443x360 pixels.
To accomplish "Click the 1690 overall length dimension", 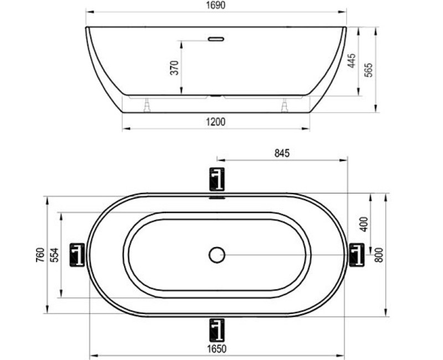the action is (x=216, y=5).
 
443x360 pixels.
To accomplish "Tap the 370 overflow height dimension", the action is (x=175, y=68).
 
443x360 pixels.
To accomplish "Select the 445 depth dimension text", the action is (x=351, y=61).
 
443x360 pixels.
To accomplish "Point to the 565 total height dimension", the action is (x=368, y=70).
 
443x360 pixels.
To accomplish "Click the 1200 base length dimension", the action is (x=216, y=122).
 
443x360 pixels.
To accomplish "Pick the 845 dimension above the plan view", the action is (x=282, y=153).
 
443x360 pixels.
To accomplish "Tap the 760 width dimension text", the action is (x=40, y=255).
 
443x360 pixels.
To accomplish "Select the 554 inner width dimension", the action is (x=54, y=255).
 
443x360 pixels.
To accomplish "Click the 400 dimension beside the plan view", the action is (x=364, y=224).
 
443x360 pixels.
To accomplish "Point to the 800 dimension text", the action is (x=379, y=255).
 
